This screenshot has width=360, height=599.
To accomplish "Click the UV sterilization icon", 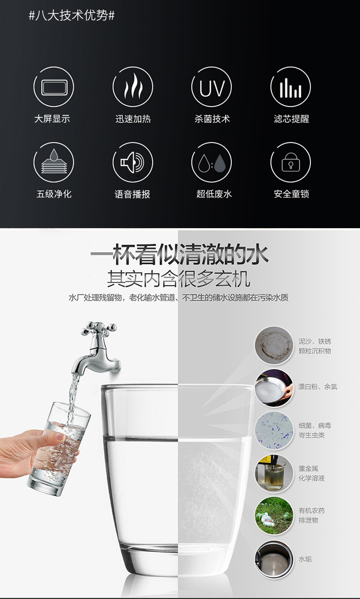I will click(x=211, y=87).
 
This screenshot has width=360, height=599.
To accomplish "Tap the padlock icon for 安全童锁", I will click(x=290, y=162).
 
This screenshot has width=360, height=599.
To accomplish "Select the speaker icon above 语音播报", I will click(x=132, y=162).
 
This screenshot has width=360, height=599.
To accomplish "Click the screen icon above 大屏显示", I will click(x=54, y=87).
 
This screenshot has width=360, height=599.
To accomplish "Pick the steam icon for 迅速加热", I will click(x=132, y=87).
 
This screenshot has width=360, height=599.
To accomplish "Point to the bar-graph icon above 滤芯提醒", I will click(x=290, y=87).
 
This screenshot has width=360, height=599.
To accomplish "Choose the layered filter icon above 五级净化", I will click(x=54, y=162).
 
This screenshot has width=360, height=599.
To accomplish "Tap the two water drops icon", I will click(x=211, y=162).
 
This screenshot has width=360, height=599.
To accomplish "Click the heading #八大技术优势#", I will click(x=72, y=16).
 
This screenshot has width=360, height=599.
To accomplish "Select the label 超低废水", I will click(x=214, y=194).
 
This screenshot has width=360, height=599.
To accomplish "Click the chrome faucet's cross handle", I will click(x=99, y=327).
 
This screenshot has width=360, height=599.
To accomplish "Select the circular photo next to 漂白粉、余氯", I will click(x=274, y=387).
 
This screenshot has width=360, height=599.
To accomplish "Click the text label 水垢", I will click(x=305, y=559).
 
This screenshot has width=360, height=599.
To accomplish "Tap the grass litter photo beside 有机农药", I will click(x=274, y=516).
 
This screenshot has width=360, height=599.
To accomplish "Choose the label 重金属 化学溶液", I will click(x=311, y=473).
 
